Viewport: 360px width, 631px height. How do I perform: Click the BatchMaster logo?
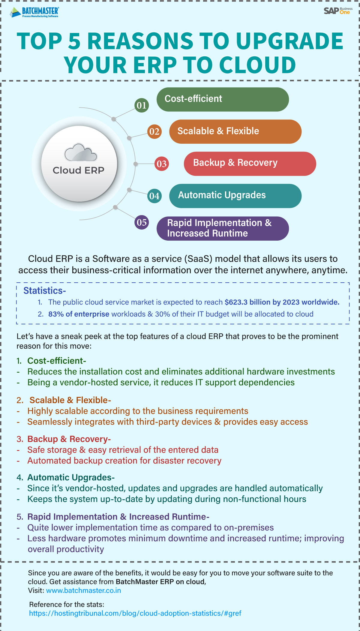[34, 12]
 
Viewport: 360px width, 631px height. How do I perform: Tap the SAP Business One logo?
[338, 11]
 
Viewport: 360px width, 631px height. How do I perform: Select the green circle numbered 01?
[142, 105]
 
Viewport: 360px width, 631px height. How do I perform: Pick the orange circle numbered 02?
[154, 131]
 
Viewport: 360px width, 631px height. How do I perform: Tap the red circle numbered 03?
[161, 164]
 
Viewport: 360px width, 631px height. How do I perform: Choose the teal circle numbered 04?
[154, 196]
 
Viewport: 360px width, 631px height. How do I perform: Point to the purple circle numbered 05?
[142, 222]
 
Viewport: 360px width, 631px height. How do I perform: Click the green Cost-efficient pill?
[223, 99]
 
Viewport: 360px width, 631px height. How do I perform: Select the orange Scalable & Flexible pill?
[235, 131]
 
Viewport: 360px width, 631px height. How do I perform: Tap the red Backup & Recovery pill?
[250, 164]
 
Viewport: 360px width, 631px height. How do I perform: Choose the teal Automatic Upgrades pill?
[235, 196]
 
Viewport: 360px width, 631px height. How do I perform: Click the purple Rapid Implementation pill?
[223, 228]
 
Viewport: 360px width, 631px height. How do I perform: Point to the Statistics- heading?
[45, 290]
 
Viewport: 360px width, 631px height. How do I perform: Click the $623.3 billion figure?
[248, 302]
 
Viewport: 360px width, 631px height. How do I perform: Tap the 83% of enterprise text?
[79, 314]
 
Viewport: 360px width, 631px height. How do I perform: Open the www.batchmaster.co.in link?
[83, 590]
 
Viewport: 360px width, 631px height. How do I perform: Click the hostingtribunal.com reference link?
[135, 613]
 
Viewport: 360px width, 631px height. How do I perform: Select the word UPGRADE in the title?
[289, 41]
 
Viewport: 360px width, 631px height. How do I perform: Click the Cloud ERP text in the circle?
[79, 170]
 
